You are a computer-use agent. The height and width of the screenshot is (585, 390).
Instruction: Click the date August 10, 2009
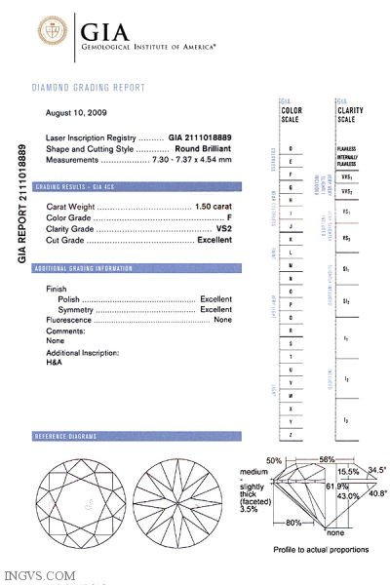pyautogui.click(x=76, y=113)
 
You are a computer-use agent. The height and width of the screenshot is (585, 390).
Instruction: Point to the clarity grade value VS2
pyautogui.click(x=223, y=229)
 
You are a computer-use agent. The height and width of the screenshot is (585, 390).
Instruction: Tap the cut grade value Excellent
pyautogui.click(x=214, y=240)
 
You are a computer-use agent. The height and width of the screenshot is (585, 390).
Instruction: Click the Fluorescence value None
pyautogui.click(x=223, y=320)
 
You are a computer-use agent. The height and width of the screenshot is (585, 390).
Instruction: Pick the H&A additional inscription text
pyautogui.click(x=54, y=362)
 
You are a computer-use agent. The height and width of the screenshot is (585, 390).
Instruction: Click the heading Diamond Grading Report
pyautogui.click(x=89, y=88)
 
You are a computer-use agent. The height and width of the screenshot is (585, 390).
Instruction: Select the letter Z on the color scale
pyautogui.click(x=292, y=433)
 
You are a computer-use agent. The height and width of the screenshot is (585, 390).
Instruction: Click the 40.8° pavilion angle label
pyautogui.click(x=377, y=493)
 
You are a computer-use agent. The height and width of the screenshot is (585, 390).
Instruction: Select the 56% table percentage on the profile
pyautogui.click(x=327, y=459)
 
